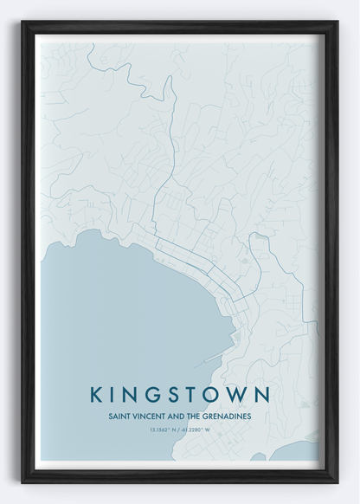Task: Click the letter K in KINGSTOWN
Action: click(96, 394)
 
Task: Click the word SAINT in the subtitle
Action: click(119, 414)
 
